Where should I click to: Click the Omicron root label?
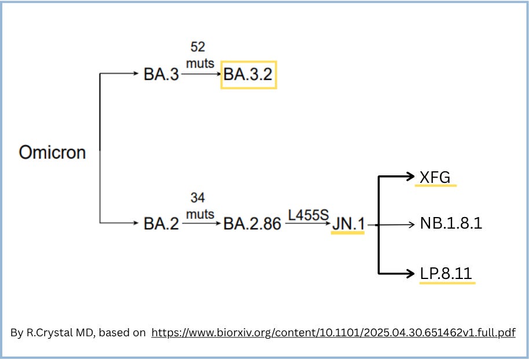pos(52,152)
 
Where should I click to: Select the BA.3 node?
pos(161,75)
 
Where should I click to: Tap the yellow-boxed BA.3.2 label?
pos(248,75)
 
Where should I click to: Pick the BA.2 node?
pos(161,223)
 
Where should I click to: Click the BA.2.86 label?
pos(252,223)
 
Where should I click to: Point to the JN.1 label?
pos(348,223)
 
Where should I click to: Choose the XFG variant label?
pos(435,177)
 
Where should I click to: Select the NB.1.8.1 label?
pos(451,223)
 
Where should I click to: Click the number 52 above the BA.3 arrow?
pos(198,47)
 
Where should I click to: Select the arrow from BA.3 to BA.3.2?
pos(200,75)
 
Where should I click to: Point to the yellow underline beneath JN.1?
pos(348,233)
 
